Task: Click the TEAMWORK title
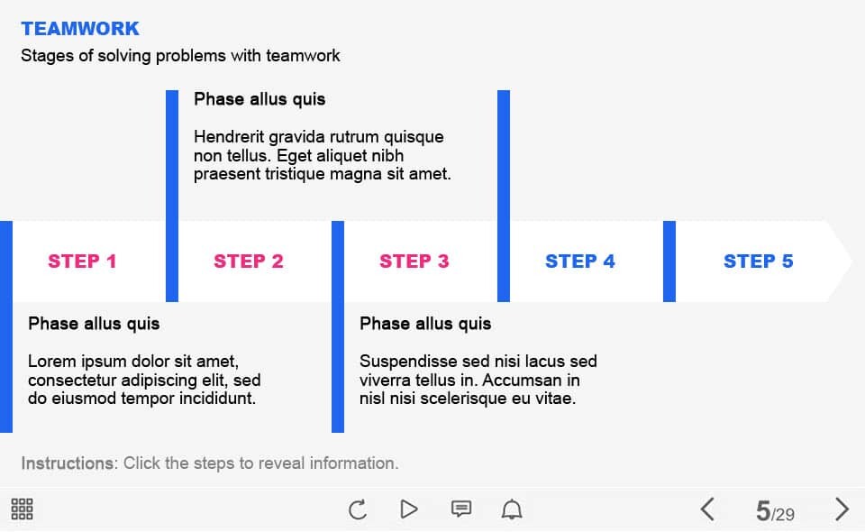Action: pyautogui.click(x=80, y=29)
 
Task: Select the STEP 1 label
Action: pyautogui.click(x=82, y=261)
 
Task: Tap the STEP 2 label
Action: pyautogui.click(x=249, y=261)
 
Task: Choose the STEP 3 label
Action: pyautogui.click(x=414, y=261)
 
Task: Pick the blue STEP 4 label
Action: pyautogui.click(x=579, y=261)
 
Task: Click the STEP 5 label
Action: pyautogui.click(x=758, y=261)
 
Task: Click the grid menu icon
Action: pyautogui.click(x=22, y=509)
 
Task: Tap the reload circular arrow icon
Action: pyautogui.click(x=358, y=509)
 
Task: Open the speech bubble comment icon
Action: pyautogui.click(x=461, y=509)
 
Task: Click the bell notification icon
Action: pyautogui.click(x=512, y=509)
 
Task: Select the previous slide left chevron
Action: pyautogui.click(x=707, y=509)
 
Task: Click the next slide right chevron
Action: pyautogui.click(x=842, y=509)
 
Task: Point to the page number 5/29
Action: pyautogui.click(x=775, y=511)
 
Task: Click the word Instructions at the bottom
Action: pyautogui.click(x=68, y=463)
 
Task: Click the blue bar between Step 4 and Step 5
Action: pyautogui.click(x=669, y=261)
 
